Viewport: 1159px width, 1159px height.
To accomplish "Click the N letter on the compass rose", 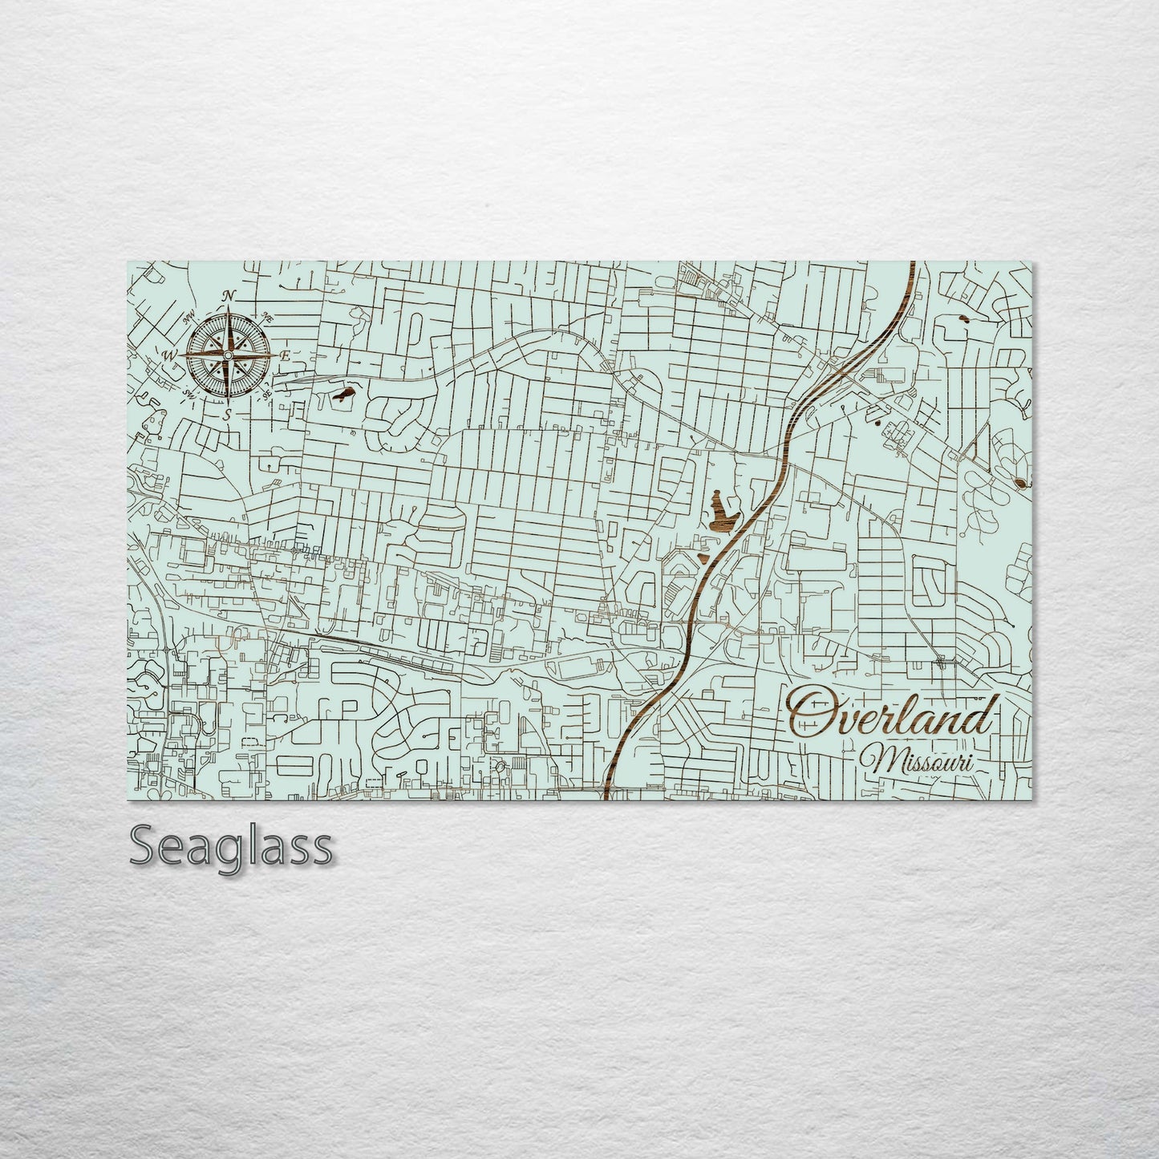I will pyautogui.click(x=228, y=296).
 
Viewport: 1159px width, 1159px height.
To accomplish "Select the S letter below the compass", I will pyautogui.click(x=228, y=414).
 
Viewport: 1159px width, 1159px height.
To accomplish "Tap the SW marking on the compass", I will pyautogui.click(x=190, y=393).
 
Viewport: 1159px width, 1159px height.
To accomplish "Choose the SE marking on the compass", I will pyautogui.click(x=265, y=393).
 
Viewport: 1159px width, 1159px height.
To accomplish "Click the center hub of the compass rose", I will pyautogui.click(x=228, y=355).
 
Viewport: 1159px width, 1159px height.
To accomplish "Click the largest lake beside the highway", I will pyautogui.click(x=721, y=512).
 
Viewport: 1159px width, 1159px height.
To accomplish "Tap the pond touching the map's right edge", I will pyautogui.click(x=1022, y=482).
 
